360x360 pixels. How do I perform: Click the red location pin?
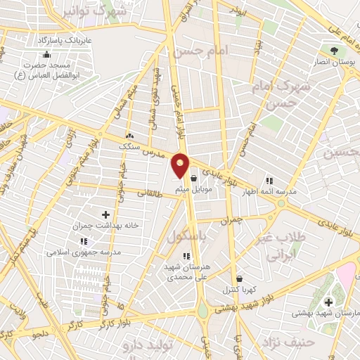click(181, 166)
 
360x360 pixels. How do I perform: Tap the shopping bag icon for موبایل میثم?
click(193, 179)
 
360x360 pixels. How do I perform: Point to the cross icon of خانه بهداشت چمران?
click(106, 214)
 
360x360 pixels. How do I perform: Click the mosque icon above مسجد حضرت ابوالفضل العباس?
click(46, 55)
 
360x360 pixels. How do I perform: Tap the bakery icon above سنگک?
click(129, 135)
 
